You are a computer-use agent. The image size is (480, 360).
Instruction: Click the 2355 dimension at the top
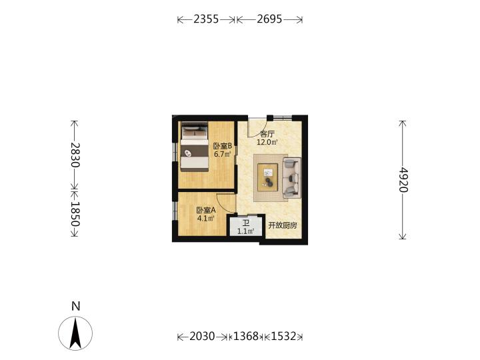click(206, 19)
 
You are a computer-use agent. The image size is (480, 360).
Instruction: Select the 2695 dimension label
click(269, 19)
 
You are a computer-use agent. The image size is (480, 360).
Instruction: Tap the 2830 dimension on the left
click(75, 155)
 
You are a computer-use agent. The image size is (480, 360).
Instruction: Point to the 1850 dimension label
click(75, 214)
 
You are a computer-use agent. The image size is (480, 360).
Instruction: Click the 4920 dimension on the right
click(403, 179)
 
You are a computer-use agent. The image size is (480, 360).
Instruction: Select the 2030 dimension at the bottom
click(202, 337)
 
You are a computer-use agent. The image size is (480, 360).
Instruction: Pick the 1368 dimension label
click(246, 337)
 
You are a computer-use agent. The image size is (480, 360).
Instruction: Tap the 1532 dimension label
click(284, 337)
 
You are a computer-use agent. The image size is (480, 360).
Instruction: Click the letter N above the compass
click(75, 306)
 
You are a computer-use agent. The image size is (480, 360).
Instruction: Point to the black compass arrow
click(75, 333)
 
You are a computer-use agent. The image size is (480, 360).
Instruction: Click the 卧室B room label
click(223, 146)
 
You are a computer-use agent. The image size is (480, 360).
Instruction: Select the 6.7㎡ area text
click(222, 154)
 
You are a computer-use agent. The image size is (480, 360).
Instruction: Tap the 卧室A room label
click(206, 210)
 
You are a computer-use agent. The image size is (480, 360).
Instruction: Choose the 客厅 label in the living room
click(267, 134)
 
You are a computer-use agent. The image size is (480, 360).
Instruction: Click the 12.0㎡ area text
click(267, 142)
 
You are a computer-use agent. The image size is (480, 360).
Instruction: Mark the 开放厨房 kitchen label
click(283, 225)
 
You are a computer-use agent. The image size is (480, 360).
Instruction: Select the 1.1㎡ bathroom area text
click(246, 231)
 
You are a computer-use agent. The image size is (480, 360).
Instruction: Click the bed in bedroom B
click(195, 147)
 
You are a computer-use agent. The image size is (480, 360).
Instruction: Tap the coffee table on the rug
click(267, 177)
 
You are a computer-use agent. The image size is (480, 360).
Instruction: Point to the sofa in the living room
click(292, 177)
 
